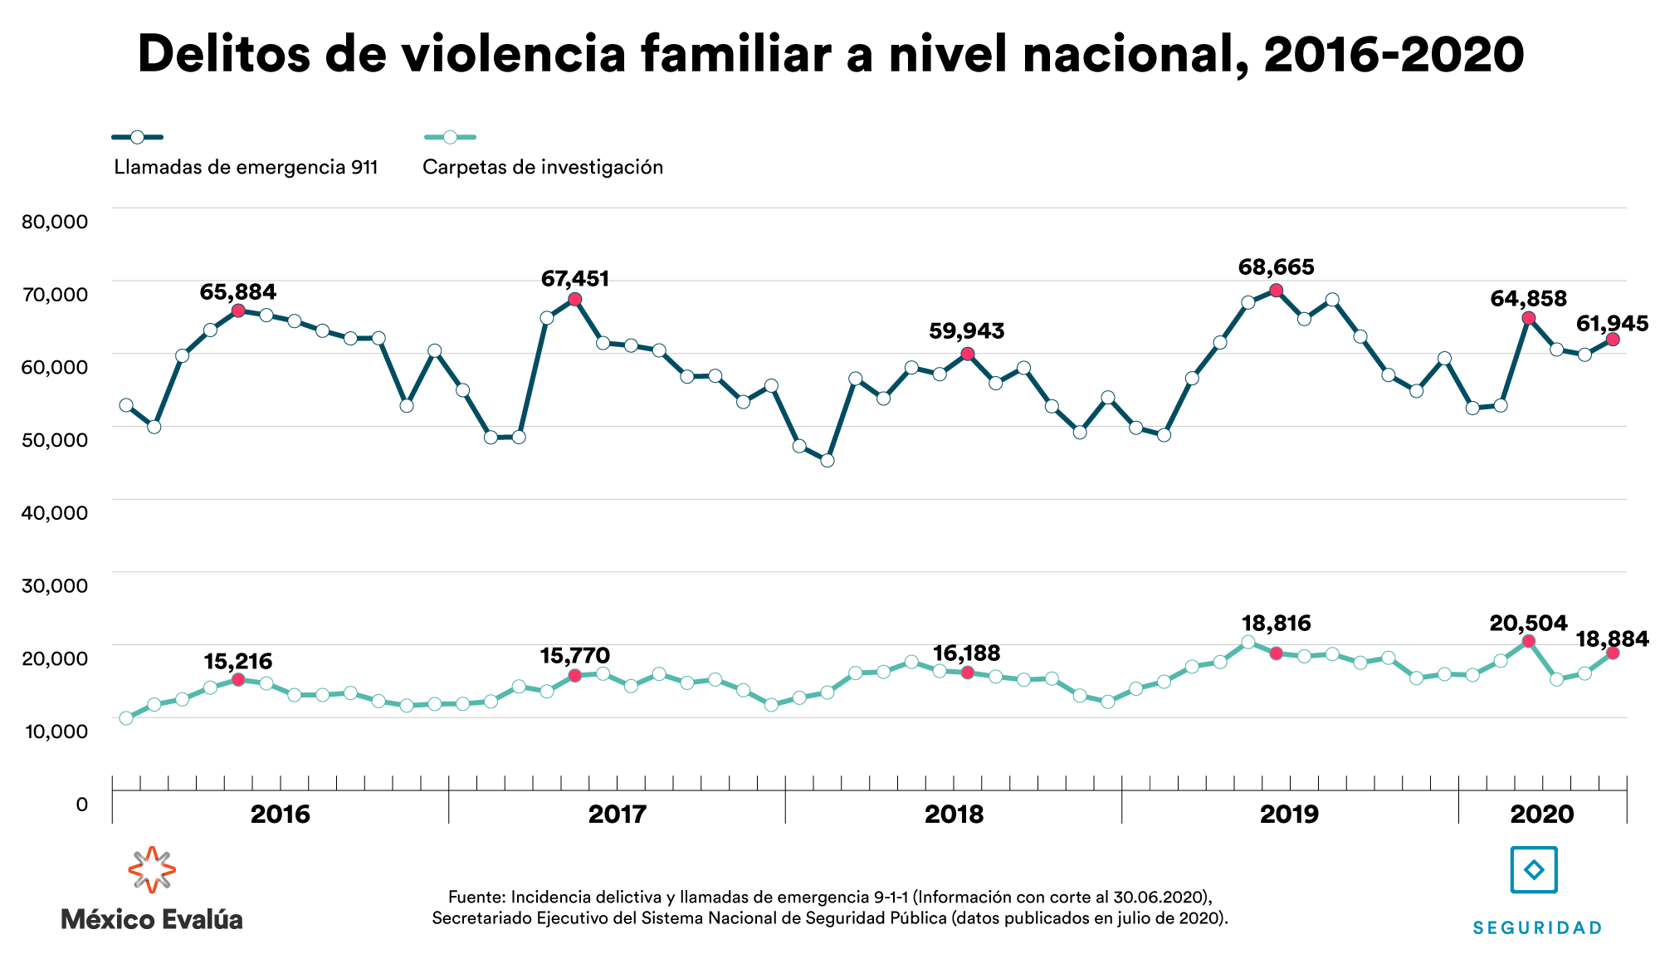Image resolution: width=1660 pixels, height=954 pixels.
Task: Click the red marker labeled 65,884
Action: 238,311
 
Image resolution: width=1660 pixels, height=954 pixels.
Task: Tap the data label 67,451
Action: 575,279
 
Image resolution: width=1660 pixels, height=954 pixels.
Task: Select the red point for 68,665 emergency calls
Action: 1277,290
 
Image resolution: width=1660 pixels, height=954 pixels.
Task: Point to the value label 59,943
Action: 967,331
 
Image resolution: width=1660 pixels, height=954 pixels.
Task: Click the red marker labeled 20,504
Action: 1529,641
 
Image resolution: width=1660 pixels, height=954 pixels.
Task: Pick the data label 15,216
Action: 238,662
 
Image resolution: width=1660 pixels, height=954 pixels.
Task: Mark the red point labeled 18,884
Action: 1613,653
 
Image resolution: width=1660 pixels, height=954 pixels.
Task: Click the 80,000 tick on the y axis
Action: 55,222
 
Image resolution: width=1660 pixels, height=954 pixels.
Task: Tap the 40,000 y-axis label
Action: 55,513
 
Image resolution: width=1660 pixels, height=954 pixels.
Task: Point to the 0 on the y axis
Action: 81,805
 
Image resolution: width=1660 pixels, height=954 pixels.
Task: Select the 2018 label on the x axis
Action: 954,815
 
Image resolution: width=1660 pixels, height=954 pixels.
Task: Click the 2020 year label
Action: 1542,815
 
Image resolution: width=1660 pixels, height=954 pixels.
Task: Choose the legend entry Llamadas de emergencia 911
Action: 246,168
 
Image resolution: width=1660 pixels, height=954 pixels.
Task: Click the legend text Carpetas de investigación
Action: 543,168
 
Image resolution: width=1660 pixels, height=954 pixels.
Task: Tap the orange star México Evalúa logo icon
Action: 152,870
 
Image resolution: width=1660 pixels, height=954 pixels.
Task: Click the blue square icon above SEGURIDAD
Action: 1534,870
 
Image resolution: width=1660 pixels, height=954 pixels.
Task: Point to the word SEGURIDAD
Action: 1537,928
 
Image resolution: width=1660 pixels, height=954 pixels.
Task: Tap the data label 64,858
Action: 1529,299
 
